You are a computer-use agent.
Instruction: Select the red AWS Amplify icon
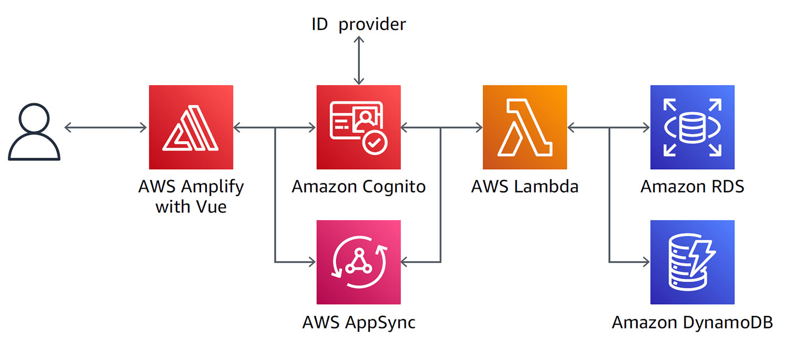191,127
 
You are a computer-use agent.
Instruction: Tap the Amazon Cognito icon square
358,127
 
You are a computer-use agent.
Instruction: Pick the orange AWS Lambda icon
525,127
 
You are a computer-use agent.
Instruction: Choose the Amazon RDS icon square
692,127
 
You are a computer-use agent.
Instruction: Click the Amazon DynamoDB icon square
692,262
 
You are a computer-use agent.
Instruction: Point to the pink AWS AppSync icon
358,262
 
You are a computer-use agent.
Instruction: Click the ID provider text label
358,24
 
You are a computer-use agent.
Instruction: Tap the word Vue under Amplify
209,206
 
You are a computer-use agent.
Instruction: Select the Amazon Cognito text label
358,187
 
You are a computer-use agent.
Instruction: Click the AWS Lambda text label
525,187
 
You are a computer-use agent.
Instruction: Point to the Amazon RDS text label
692,187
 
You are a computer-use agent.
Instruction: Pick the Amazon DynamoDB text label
692,322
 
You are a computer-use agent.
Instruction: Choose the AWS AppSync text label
358,322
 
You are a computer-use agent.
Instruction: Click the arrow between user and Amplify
105,127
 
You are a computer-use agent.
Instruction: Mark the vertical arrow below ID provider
358,60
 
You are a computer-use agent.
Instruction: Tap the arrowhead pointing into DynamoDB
645,261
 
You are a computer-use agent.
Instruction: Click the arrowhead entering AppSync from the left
311,261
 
